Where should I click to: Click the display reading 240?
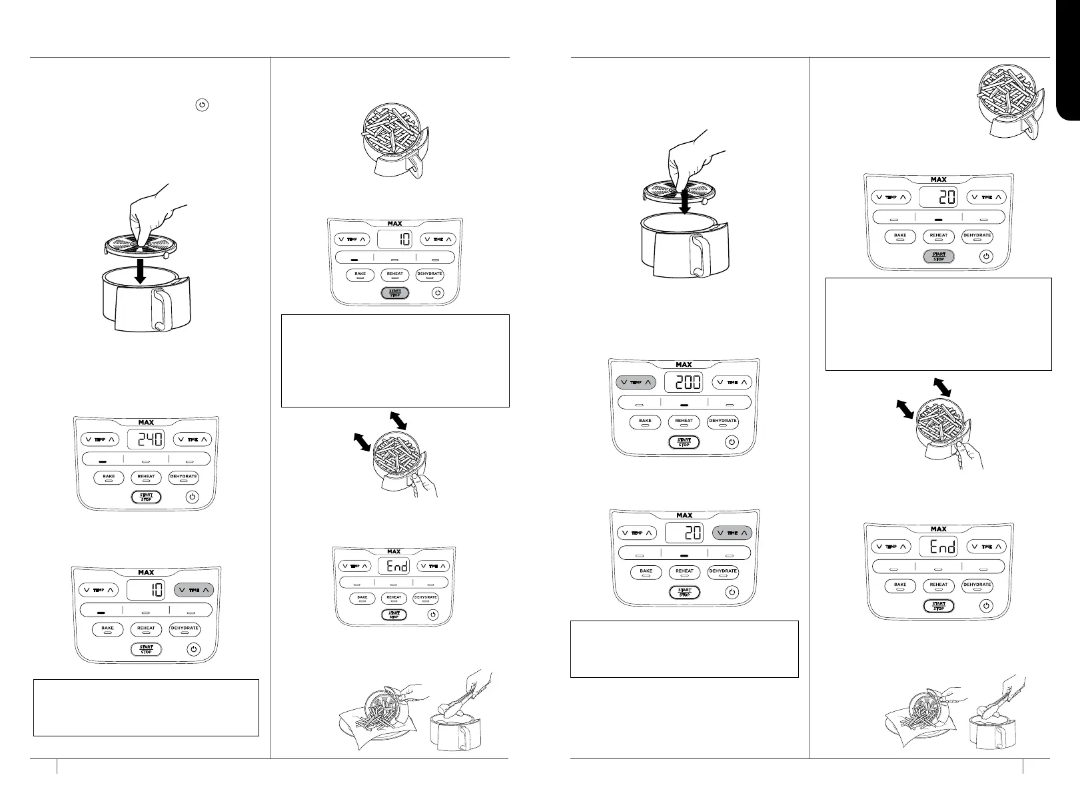coord(146,439)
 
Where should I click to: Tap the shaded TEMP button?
coord(636,382)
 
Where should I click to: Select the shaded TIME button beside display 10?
coord(194,590)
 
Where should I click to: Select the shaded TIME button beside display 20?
coord(732,533)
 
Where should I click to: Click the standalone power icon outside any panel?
coord(202,105)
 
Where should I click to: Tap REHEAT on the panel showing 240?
coord(146,477)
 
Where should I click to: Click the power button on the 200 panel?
coord(732,441)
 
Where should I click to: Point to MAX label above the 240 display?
coord(146,422)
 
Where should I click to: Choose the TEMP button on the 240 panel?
coord(99,439)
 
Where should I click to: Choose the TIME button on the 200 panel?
coord(732,382)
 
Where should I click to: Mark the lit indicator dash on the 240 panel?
coord(102,460)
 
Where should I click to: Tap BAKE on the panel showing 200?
coord(645,421)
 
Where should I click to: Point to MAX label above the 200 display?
coord(684,365)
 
